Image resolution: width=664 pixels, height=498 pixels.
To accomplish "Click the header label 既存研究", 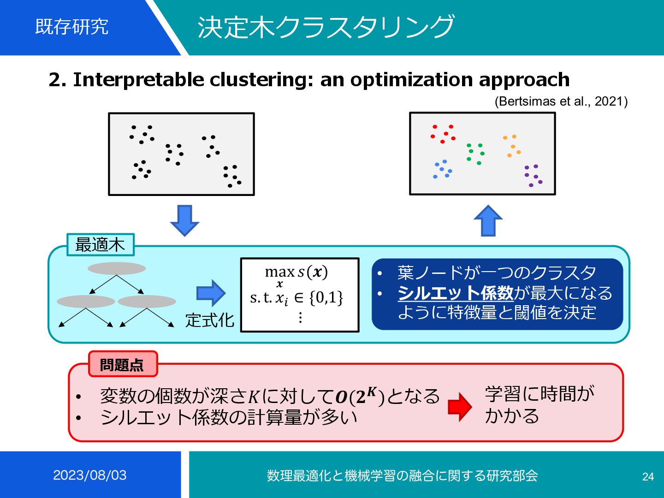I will point(72,27).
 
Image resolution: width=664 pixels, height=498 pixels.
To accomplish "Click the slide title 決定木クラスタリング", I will point(326,27).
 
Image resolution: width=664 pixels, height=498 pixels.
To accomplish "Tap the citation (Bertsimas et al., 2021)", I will point(561,101).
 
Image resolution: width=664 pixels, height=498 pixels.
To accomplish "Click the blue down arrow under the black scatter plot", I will point(184,220).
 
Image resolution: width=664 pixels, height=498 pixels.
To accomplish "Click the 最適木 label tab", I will point(100,245).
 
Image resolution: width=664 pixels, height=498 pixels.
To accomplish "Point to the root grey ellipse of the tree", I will point(117,268).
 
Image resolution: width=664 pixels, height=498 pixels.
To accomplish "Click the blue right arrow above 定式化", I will point(211,293).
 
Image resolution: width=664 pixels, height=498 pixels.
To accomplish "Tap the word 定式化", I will point(210,320).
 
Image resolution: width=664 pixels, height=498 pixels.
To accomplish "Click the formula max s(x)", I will point(296,272).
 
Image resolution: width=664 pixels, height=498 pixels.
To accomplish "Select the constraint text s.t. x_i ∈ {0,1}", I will point(296,298).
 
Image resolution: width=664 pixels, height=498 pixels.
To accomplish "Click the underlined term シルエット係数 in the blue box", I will point(455,293).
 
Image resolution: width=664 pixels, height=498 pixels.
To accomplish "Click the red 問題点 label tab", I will point(122,365).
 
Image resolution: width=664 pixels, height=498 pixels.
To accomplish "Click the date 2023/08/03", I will point(90,475).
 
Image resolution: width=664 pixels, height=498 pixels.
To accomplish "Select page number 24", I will point(648,477).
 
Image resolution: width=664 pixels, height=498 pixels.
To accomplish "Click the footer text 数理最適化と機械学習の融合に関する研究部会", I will point(402,475).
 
